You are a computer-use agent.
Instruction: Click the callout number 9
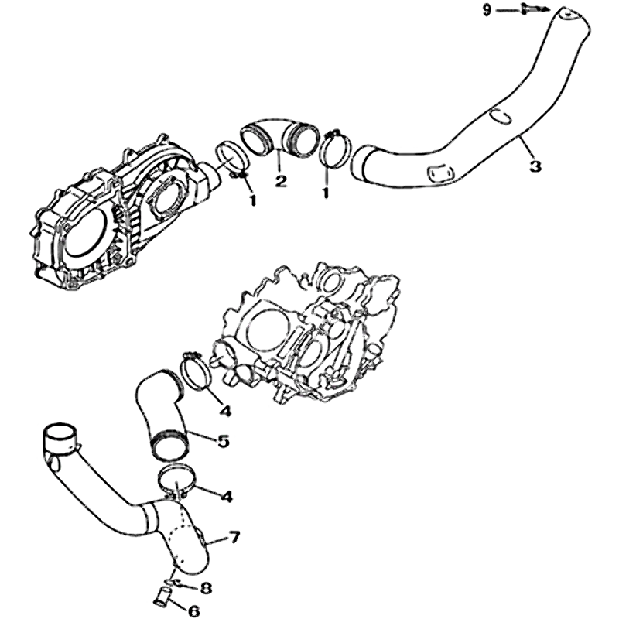click(x=487, y=10)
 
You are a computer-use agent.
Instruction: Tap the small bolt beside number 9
click(x=527, y=9)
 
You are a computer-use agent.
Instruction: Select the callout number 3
click(x=535, y=166)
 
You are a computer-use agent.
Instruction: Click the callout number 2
click(x=281, y=181)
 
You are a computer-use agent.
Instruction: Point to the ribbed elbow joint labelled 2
click(x=279, y=136)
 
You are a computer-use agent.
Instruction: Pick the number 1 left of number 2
click(x=252, y=200)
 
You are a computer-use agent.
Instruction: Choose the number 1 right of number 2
click(x=326, y=193)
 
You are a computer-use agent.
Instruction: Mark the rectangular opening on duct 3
click(x=440, y=173)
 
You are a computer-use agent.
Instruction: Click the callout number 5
click(x=224, y=441)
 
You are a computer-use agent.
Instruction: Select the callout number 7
click(x=235, y=537)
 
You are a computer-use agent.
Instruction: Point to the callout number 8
click(x=206, y=589)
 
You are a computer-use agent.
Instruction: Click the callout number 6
click(x=194, y=610)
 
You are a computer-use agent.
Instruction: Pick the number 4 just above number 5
click(x=224, y=412)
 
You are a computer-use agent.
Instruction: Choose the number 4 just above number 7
click(x=226, y=497)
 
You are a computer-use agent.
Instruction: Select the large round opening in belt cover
click(x=85, y=235)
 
